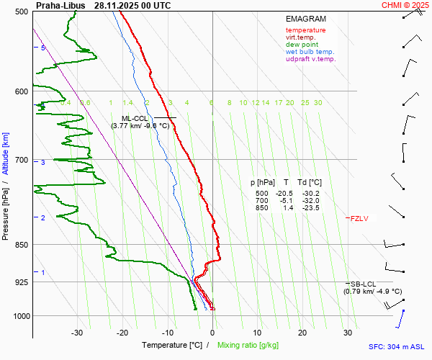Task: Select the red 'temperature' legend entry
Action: (x=305, y=30)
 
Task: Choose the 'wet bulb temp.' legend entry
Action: (x=310, y=52)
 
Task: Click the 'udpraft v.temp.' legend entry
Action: (x=310, y=59)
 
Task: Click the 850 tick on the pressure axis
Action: (x=22, y=245)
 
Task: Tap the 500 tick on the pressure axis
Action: (x=22, y=12)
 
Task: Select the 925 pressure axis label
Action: (x=22, y=282)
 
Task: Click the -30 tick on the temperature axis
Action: (x=77, y=333)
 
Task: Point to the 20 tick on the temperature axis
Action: (x=302, y=333)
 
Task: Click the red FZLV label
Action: (x=359, y=218)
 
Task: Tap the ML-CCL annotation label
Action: (x=135, y=118)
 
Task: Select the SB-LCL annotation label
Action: (x=364, y=284)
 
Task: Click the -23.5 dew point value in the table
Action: (x=311, y=208)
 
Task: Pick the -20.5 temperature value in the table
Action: (x=286, y=194)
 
